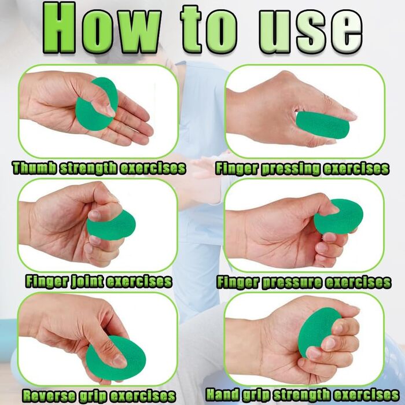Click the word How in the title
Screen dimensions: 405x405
coord(102,28)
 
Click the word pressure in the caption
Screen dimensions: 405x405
coord(292,282)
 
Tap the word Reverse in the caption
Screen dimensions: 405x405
coord(49,396)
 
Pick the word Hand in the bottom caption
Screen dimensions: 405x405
coord(222,395)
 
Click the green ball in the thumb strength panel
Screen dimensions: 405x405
coord(96,104)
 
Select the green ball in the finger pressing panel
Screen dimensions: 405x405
coord(322,125)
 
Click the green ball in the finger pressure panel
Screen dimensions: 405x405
coord(339,216)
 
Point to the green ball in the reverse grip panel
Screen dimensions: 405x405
coord(116,358)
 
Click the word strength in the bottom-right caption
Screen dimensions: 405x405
coord(301,395)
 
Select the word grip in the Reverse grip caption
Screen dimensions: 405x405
coord(93,396)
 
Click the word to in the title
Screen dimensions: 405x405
coord(209,29)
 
